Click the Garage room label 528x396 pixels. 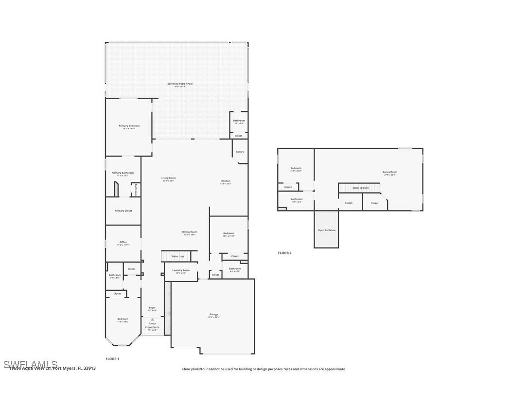pos(214,315)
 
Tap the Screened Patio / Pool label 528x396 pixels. pos(180,84)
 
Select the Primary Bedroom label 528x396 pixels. pos(129,126)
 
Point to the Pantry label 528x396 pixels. pos(240,152)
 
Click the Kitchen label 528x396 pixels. pos(226,181)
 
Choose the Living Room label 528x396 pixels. pos(169,179)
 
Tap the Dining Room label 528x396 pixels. pos(190,233)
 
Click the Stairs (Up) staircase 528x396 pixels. pos(178,256)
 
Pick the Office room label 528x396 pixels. pos(123,243)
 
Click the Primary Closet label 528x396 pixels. pos(123,211)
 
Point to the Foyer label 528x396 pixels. pos(152,308)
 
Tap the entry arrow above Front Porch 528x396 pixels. pos(152,319)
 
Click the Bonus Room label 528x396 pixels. pos(389,172)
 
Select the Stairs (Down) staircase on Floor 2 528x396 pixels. pos(360,187)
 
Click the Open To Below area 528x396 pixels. pos(326,230)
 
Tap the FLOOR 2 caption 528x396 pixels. pos(284,253)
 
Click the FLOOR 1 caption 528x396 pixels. pos(112,359)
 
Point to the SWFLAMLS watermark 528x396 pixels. pos(30,364)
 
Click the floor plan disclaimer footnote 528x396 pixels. pos(264,369)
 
